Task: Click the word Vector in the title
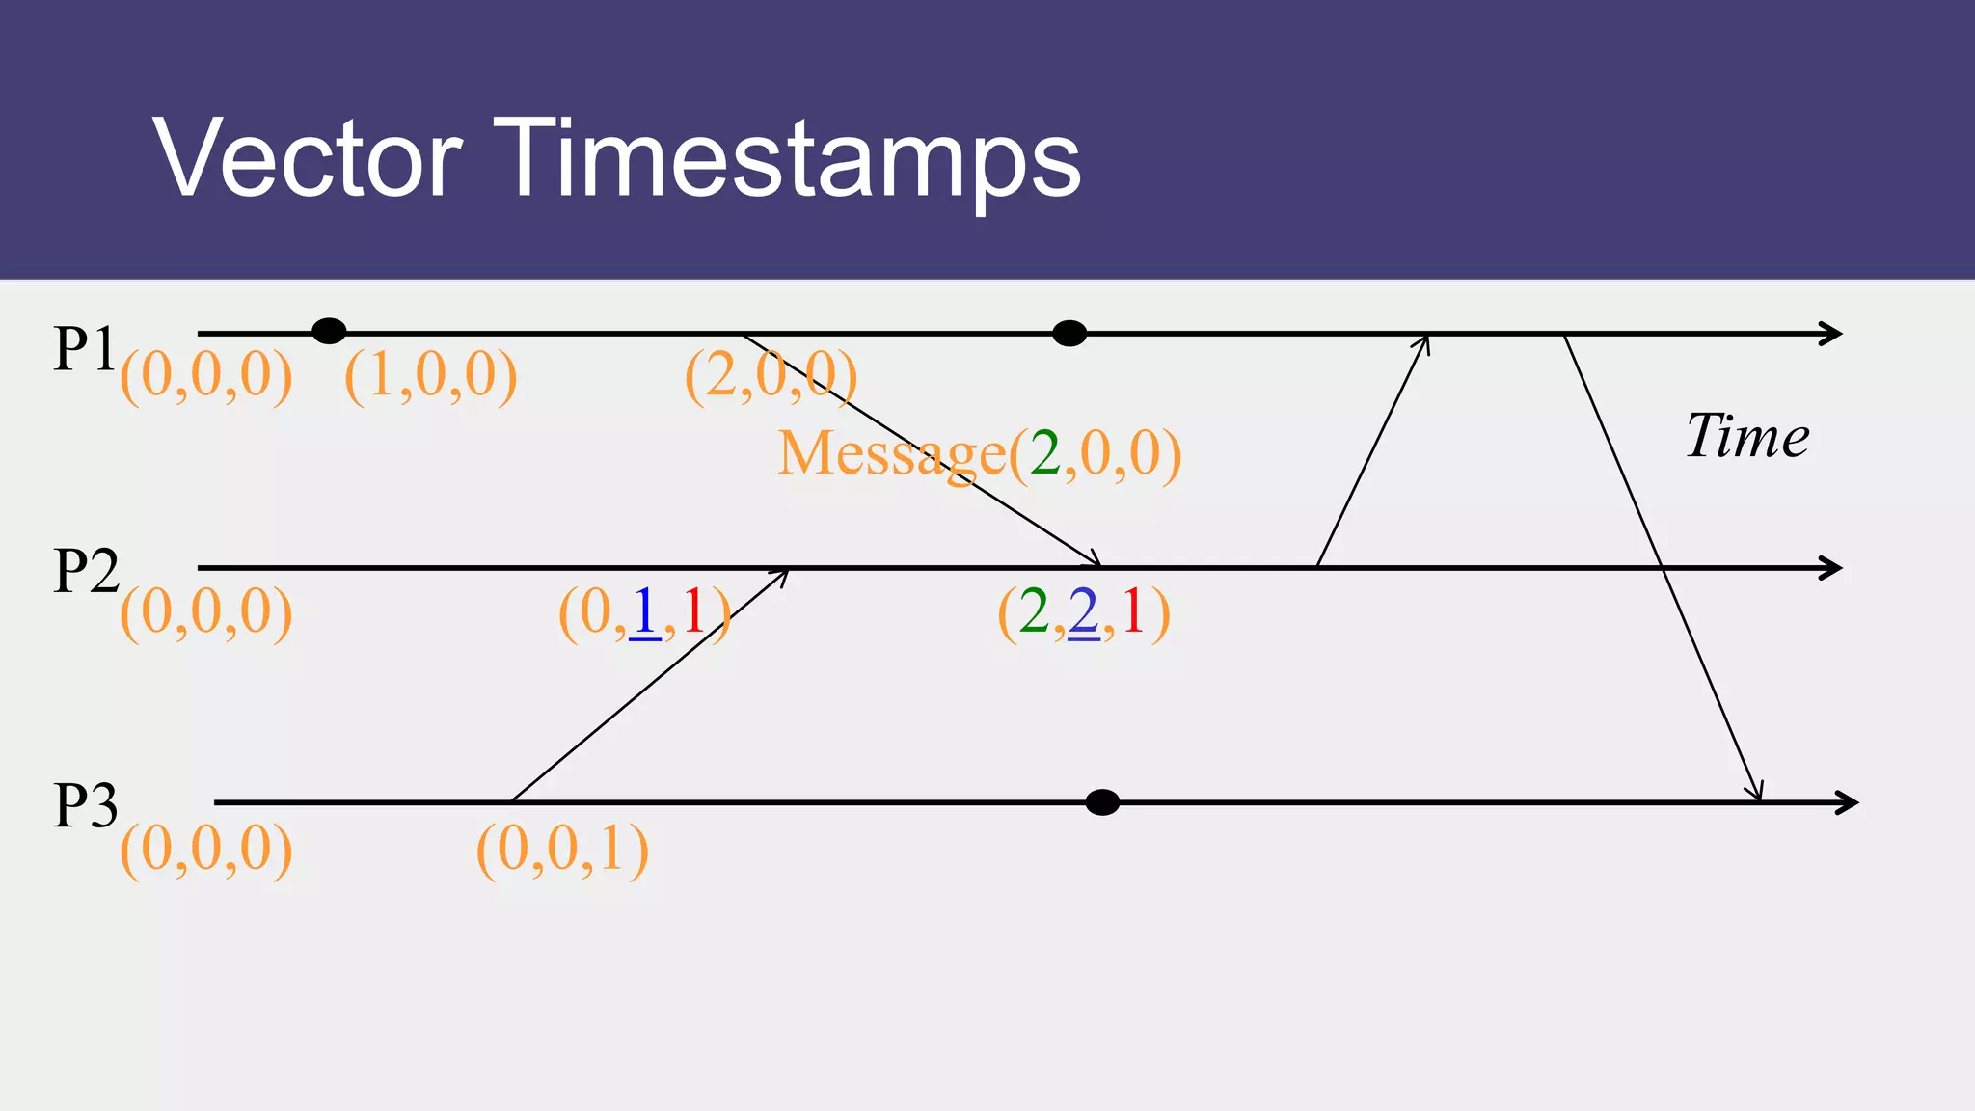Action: pos(308,159)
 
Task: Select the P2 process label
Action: pos(86,570)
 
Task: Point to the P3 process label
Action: pos(86,804)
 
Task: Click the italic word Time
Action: pos(1747,436)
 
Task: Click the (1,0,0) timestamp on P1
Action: pos(430,375)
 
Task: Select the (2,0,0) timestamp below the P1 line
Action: pos(771,375)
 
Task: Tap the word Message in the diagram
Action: pos(892,453)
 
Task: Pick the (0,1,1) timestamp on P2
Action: pos(644,612)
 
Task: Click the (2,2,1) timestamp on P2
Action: pos(1084,612)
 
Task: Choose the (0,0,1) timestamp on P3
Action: pos(562,850)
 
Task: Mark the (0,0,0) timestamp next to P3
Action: pos(205,850)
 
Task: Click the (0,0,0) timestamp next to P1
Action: pos(205,375)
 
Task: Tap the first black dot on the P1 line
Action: pos(329,332)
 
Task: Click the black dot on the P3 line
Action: pos(1102,802)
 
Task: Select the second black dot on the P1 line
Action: pos(1069,334)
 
